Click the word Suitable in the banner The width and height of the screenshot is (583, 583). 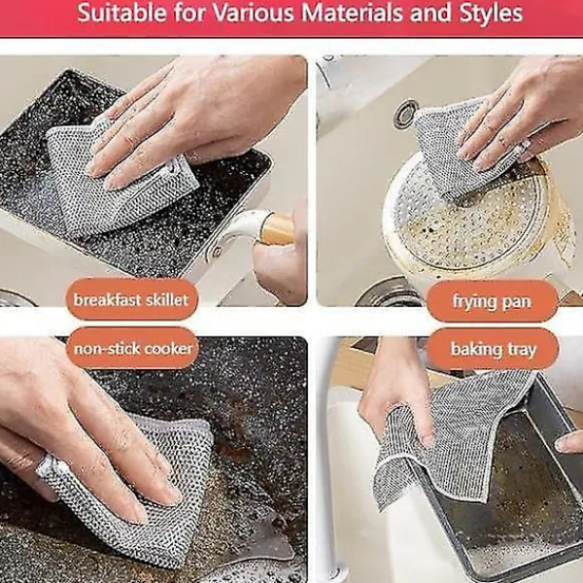pyautogui.click(x=122, y=13)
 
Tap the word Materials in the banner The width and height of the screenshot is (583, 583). pyautogui.click(x=352, y=13)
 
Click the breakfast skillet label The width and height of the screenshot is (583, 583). pyautogui.click(x=131, y=299)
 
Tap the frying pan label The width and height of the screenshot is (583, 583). pyautogui.click(x=492, y=301)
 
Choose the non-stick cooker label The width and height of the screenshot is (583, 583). pyautogui.click(x=133, y=349)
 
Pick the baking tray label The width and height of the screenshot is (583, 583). pyautogui.click(x=493, y=349)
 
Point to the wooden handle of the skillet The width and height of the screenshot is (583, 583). pyautogui.click(x=277, y=228)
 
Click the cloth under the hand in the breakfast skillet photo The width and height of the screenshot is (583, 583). pyautogui.click(x=118, y=179)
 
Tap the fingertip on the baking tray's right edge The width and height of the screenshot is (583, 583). pyautogui.click(x=568, y=442)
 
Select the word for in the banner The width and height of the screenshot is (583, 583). pyautogui.click(x=189, y=13)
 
